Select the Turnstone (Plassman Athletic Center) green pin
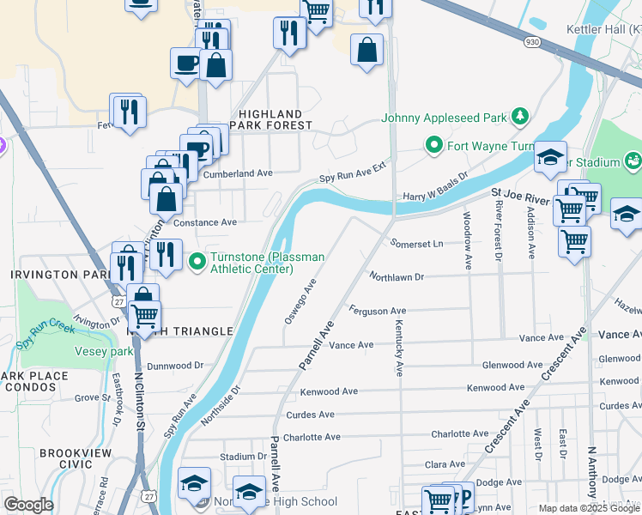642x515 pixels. [197, 258]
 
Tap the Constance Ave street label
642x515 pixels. [205, 222]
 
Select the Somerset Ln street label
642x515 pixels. [416, 244]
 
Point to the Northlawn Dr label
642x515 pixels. [397, 277]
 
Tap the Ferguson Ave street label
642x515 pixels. [377, 311]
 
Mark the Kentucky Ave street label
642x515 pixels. [398, 348]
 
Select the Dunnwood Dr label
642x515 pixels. [174, 366]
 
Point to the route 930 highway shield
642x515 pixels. [533, 41]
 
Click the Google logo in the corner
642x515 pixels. [28, 505]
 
